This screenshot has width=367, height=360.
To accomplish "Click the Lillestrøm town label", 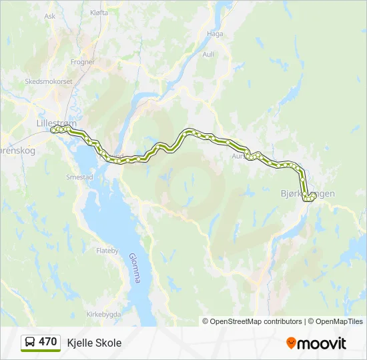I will point(57,123).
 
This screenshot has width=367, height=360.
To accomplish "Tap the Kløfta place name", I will point(98,12).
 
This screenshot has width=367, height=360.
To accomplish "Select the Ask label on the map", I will point(49,16).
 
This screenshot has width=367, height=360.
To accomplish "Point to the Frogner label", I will point(83,62).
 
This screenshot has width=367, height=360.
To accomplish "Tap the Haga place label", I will point(215,33).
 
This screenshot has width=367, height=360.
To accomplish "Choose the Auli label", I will point(208,55).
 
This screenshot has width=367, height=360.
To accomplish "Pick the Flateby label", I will point(107,251).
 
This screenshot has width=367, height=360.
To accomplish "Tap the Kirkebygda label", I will point(104,313).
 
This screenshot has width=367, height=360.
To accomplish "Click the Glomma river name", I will point(133,267).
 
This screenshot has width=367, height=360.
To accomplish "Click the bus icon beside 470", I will point(30,342).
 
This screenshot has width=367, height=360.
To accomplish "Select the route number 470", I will point(48,342).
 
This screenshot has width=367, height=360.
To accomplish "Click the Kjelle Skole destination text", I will point(94,343).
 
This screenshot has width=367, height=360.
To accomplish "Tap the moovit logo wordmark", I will point(322,343).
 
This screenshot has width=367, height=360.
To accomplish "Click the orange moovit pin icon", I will point(291,343).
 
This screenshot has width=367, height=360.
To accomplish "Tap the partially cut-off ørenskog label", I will point(17,151).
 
